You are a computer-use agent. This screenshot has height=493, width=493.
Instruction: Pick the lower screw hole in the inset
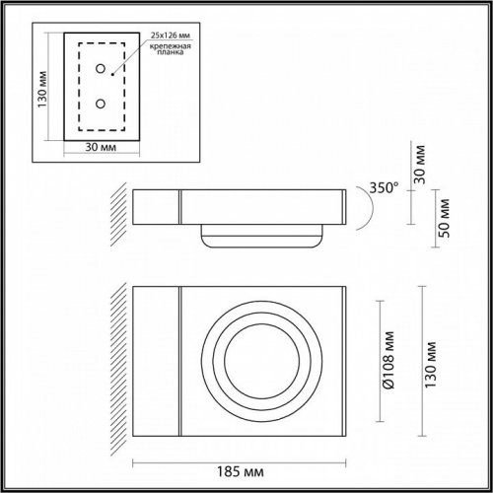[x=100, y=103]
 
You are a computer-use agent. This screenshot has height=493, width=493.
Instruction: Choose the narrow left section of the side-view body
[x=155, y=209]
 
